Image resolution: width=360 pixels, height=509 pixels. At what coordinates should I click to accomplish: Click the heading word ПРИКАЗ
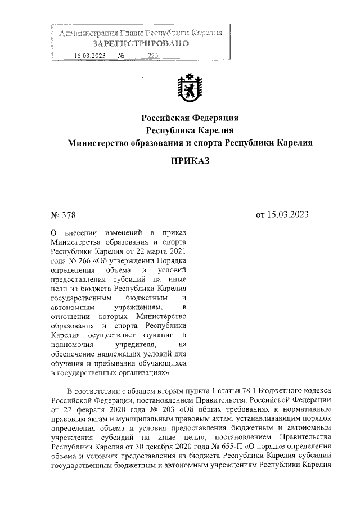[x=189, y=162]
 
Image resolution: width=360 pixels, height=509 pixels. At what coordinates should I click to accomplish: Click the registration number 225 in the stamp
[x=152, y=55]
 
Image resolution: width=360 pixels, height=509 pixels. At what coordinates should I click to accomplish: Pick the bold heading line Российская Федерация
[x=189, y=118]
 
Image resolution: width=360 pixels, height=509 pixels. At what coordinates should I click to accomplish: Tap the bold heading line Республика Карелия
[x=189, y=130]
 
